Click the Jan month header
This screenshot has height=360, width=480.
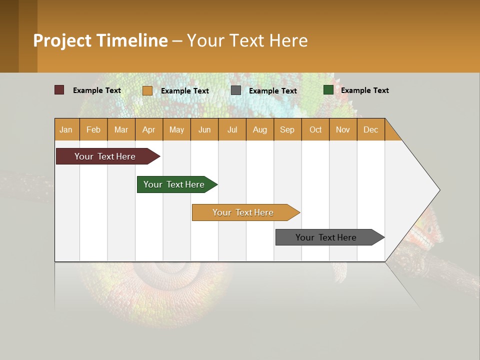click(x=66, y=129)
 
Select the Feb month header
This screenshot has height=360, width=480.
click(x=93, y=129)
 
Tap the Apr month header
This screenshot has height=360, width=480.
click(x=148, y=129)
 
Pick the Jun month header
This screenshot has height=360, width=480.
click(x=204, y=129)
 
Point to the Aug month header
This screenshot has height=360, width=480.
click(x=259, y=129)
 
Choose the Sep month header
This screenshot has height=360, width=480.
click(x=287, y=129)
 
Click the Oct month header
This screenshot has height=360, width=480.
click(x=315, y=129)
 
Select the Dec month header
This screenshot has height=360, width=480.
click(x=370, y=129)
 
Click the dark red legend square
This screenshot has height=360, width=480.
click(x=59, y=90)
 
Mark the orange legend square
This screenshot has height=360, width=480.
click(x=147, y=90)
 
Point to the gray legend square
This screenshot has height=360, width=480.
click(x=236, y=90)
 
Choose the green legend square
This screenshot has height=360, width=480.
click(x=328, y=90)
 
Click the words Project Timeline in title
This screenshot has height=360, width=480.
click(x=100, y=40)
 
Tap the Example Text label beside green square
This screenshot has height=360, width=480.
click(x=364, y=90)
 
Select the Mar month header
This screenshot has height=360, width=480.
click(x=121, y=129)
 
